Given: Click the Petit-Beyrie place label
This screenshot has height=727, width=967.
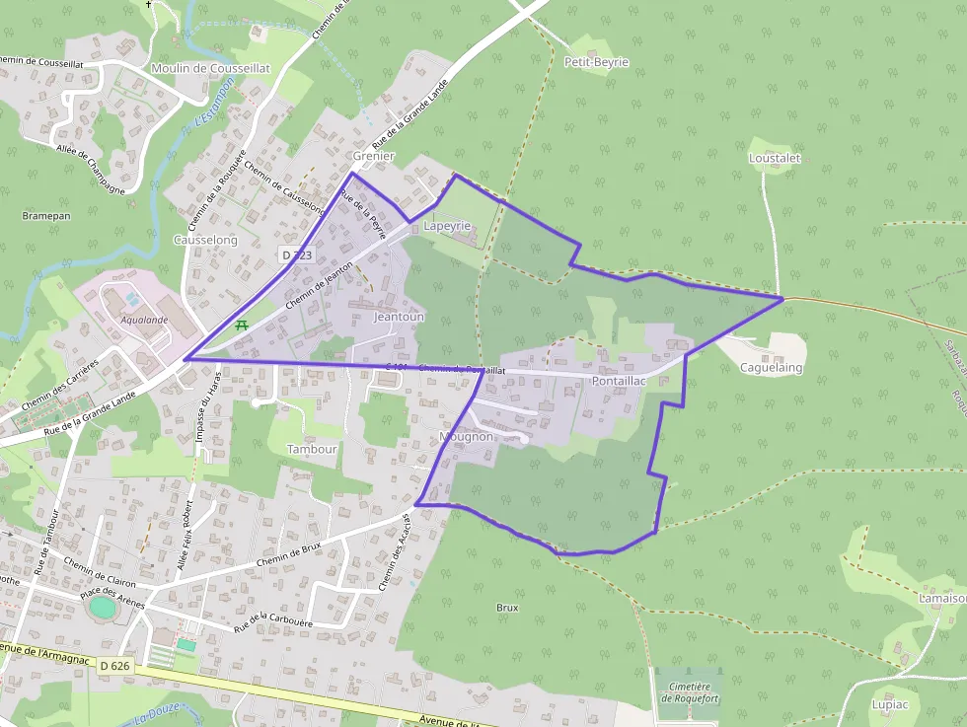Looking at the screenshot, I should (x=596, y=62).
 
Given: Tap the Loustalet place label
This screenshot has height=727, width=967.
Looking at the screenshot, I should (x=775, y=158).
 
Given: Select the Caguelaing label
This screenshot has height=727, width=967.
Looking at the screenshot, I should (x=771, y=368).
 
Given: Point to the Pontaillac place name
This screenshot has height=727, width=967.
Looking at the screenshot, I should (x=619, y=380).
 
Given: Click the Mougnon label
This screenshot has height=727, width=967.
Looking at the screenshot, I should (x=465, y=436).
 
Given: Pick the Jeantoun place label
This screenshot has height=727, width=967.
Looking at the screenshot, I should (x=399, y=317).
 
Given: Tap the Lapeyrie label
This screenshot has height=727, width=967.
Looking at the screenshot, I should (x=447, y=226).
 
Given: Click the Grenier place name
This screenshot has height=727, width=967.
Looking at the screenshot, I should (x=373, y=156).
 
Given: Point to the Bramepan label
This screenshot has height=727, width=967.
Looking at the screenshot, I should (x=46, y=214).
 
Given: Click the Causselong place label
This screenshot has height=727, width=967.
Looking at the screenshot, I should (x=205, y=240).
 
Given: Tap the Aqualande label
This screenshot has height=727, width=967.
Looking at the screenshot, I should (x=144, y=320).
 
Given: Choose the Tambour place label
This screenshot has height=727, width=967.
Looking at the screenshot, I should (x=312, y=448).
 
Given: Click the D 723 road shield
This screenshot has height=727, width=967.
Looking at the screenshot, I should (x=297, y=254).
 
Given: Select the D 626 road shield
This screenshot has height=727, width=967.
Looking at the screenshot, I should (x=115, y=666).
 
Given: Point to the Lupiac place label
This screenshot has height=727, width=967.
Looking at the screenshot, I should (x=890, y=704).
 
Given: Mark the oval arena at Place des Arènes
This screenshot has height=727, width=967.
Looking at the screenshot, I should (x=102, y=607).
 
